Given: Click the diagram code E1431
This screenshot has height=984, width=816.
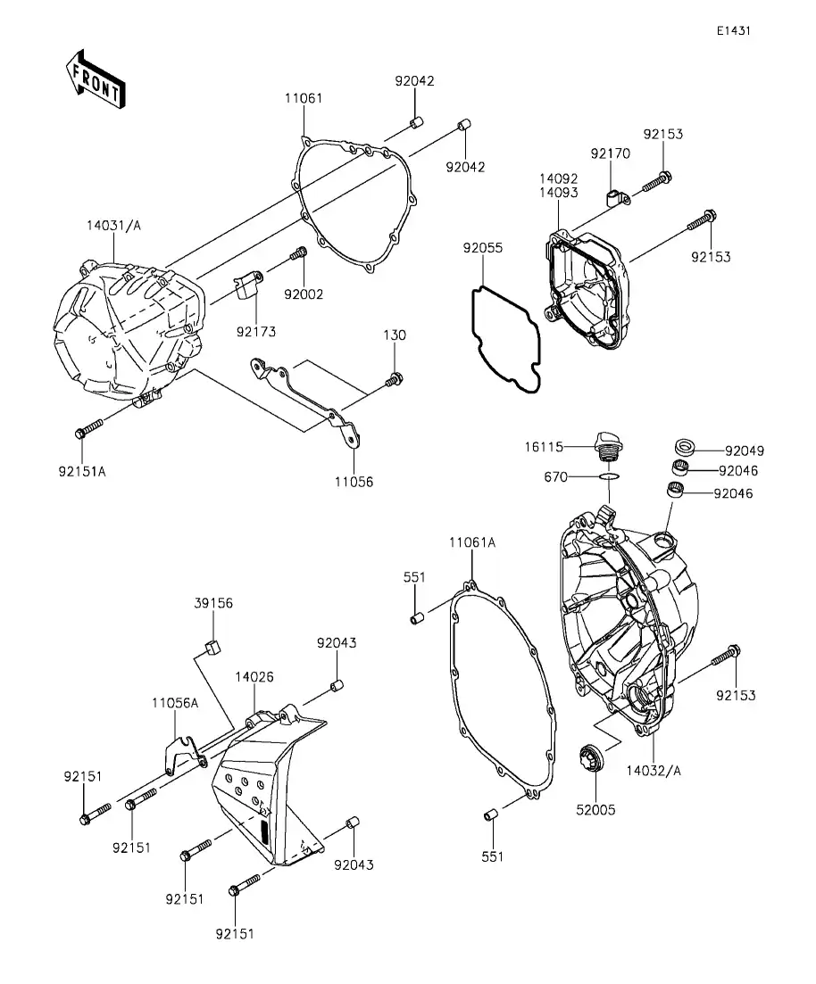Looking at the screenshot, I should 732,30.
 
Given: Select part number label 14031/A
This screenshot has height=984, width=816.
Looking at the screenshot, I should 113,226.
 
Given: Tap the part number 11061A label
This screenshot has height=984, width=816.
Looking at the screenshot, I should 471,542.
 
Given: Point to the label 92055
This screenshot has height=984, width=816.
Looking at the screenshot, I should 482,247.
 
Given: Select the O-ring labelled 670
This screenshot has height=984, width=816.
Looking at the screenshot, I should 609,478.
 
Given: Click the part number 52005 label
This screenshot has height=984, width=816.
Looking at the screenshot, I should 595,810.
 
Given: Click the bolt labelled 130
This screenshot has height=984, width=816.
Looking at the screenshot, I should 393,381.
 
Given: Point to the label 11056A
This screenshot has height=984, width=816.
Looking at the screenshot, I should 174,702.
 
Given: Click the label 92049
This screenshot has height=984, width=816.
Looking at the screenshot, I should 744,451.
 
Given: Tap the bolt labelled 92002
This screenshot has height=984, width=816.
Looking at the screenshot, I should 299,255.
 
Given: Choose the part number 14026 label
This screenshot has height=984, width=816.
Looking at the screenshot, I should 254,677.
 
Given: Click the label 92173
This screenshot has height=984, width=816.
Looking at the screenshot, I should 256,332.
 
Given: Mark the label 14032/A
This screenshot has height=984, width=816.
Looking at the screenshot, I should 654,770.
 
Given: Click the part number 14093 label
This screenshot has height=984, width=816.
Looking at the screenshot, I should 558,193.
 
